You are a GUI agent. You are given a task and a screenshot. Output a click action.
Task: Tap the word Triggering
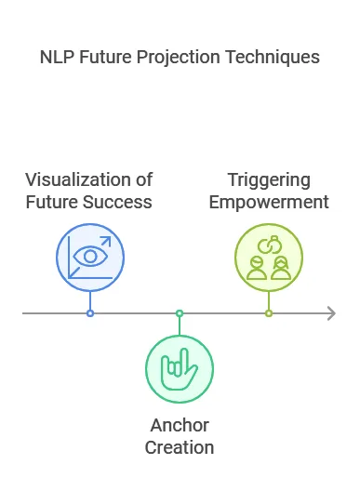point(268,179)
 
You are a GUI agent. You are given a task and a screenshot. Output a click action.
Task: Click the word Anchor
point(180,426)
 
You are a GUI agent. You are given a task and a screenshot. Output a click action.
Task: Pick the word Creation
point(180,447)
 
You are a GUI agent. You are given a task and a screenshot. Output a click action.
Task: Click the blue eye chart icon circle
point(89,255)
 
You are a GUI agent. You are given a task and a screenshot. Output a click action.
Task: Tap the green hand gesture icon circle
point(180,369)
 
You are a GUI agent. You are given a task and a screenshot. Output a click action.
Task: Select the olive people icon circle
point(268,255)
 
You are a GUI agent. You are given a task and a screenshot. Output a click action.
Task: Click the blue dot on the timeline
point(89,313)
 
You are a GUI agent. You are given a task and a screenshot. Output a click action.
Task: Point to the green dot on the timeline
point(180,313)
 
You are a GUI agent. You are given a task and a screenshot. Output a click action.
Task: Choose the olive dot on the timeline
point(268,313)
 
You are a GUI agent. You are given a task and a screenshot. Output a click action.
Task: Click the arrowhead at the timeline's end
point(330,313)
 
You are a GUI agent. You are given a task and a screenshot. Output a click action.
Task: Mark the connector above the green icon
point(180,325)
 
